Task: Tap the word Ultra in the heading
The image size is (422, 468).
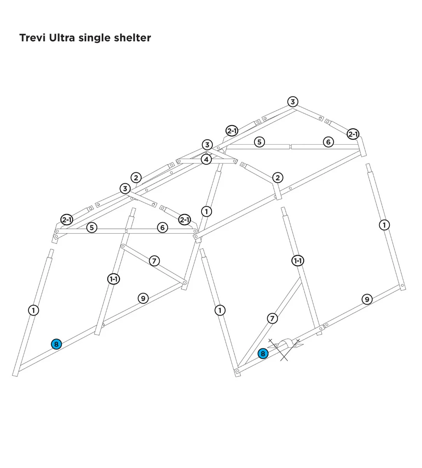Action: pyautogui.click(x=62, y=38)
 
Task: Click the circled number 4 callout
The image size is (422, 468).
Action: pyautogui.click(x=207, y=160)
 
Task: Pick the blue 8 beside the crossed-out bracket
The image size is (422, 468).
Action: pyautogui.click(x=263, y=354)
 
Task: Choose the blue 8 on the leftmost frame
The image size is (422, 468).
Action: pyautogui.click(x=57, y=344)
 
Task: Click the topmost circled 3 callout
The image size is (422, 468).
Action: pyautogui.click(x=293, y=102)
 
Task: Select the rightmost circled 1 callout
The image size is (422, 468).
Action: pyautogui.click(x=385, y=225)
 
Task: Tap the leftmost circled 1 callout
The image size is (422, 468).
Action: pyautogui.click(x=34, y=310)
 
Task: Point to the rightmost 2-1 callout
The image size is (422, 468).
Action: pyautogui.click(x=353, y=134)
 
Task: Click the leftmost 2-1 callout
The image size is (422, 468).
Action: pyautogui.click(x=67, y=220)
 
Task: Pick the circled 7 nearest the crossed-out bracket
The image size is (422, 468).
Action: pyautogui.click(x=272, y=318)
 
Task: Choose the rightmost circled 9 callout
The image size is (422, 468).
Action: pyautogui.click(x=367, y=299)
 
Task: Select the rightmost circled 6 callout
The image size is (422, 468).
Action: pyautogui.click(x=328, y=142)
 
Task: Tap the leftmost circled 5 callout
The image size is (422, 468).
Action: pyautogui.click(x=92, y=227)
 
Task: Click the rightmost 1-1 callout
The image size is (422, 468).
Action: pyautogui.click(x=298, y=261)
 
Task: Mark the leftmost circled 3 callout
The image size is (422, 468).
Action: pyautogui.click(x=125, y=188)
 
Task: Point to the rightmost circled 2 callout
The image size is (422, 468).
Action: pyautogui.click(x=278, y=178)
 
